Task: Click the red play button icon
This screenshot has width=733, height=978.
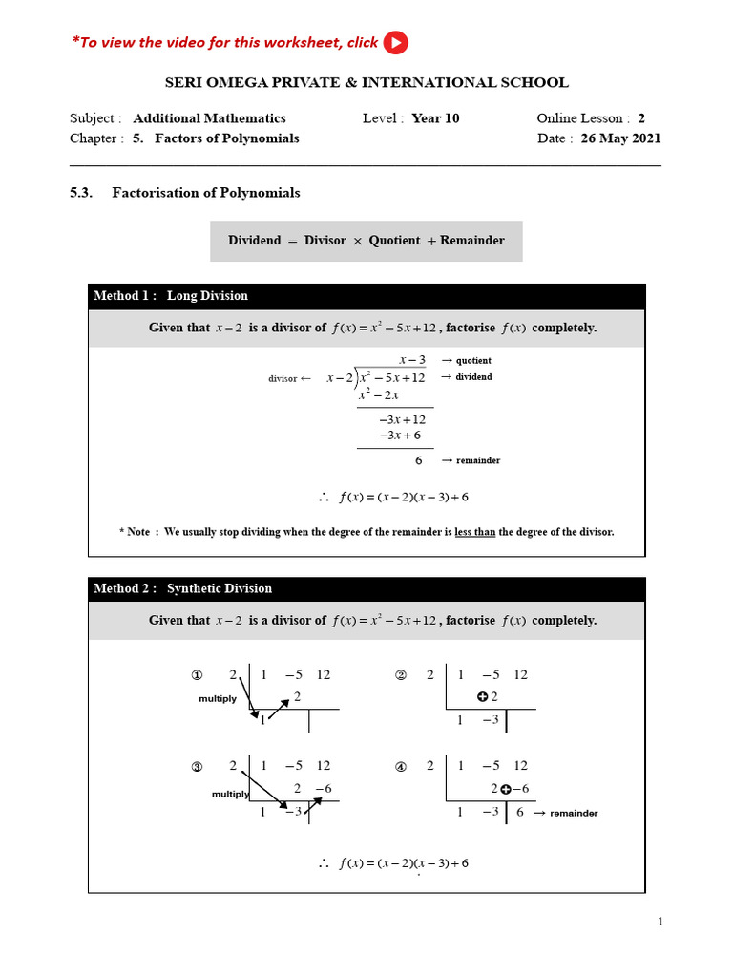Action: tap(395, 43)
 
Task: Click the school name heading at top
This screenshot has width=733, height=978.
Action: tap(366, 83)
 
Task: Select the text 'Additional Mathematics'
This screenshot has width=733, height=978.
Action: tap(209, 118)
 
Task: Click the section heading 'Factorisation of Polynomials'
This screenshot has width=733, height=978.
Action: tap(205, 193)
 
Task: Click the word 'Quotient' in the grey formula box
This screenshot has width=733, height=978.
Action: tap(394, 241)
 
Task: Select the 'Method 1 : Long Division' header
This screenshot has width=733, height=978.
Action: tap(171, 296)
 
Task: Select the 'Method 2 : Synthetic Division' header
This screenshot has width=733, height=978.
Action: tap(182, 589)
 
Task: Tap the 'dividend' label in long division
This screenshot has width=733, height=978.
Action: tap(473, 377)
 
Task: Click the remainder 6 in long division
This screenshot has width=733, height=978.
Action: tap(418, 460)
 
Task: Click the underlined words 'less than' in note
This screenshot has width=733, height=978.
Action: tap(474, 532)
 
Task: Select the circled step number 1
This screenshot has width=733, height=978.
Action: tap(198, 675)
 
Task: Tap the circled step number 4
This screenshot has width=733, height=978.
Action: tap(401, 766)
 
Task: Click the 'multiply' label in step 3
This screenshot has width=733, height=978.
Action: tap(229, 794)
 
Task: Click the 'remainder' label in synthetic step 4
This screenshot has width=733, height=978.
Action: tap(573, 813)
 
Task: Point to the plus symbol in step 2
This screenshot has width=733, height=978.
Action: tap(482, 697)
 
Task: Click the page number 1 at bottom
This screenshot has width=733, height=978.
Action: tap(660, 922)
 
